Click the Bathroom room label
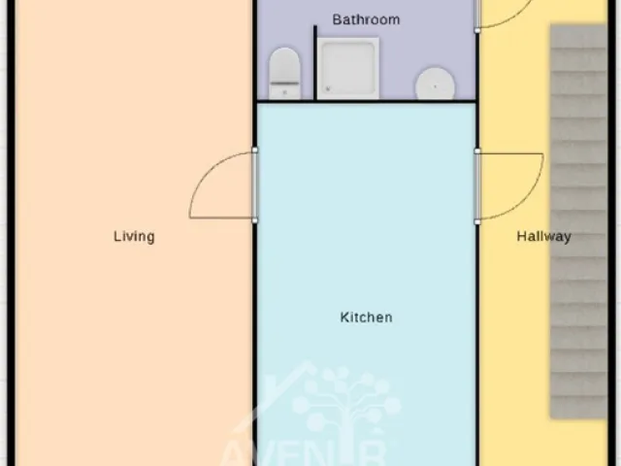[x=366, y=19]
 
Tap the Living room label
[x=134, y=236]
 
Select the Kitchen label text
[x=366, y=317]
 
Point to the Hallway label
[x=543, y=236]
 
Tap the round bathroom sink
[x=435, y=84]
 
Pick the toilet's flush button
[x=284, y=92]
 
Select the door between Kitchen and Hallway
[x=478, y=184]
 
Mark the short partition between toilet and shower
[x=314, y=63]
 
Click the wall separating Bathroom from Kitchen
[x=366, y=101]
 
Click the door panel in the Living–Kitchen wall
[x=255, y=184]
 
